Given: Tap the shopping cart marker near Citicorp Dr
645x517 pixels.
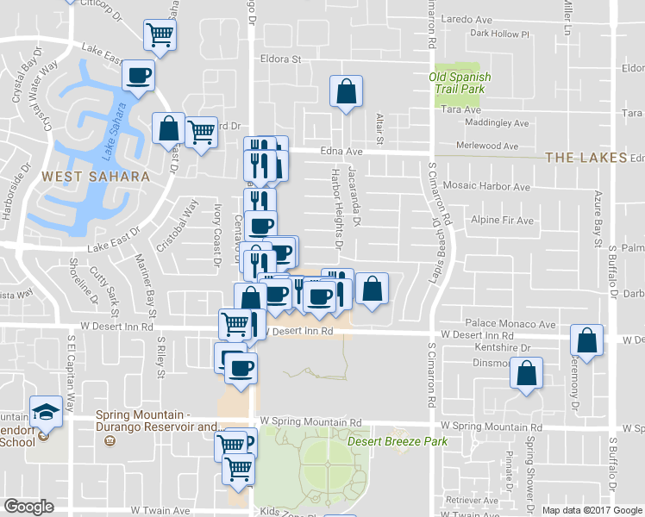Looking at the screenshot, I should click(160, 35).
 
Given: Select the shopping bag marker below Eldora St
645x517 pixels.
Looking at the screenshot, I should click(345, 91).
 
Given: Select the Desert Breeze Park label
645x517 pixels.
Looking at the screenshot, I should click(398, 441).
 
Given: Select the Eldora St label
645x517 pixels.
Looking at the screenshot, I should click(280, 59).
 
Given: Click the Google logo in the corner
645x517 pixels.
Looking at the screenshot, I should click(28, 506).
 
